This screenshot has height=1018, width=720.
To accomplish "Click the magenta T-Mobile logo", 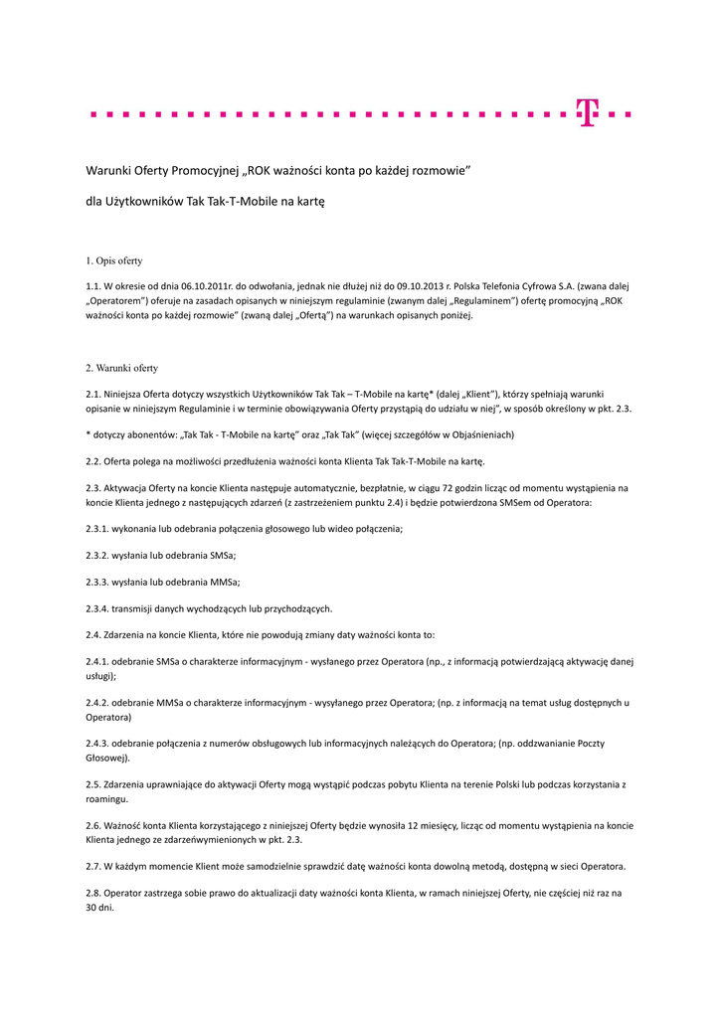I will click(x=589, y=113).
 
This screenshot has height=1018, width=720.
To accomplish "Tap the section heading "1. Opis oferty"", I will click(x=114, y=261).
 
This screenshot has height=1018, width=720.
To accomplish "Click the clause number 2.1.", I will click(x=94, y=394).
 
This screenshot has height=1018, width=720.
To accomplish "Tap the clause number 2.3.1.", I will click(x=98, y=529).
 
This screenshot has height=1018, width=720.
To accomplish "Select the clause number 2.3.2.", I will click(x=98, y=556).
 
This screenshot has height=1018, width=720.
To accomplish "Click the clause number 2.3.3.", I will click(x=98, y=583).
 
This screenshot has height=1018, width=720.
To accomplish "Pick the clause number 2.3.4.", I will click(x=98, y=608).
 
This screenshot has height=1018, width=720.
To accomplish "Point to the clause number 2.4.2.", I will click(x=98, y=703).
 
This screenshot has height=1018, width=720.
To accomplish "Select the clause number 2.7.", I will click(x=94, y=866).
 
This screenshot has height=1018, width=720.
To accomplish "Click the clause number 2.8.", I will click(x=94, y=893).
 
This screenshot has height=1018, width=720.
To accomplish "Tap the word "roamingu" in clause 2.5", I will click(x=108, y=798).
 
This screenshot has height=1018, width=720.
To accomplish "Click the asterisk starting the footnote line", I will click(x=89, y=435).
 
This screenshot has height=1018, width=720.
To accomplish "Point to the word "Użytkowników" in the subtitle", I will click(x=141, y=201).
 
